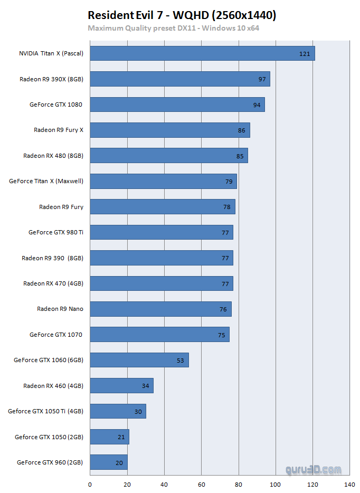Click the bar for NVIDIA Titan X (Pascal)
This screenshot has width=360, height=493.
point(202,53)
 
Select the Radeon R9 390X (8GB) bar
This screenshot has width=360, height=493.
point(180,79)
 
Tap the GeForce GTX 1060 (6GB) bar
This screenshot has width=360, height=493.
point(139,360)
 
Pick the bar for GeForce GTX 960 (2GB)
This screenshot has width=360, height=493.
point(109,462)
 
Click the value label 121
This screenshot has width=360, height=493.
point(305,54)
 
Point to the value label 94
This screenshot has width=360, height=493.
point(257,105)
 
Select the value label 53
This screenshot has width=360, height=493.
point(181,361)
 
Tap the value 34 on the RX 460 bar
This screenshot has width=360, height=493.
point(146,386)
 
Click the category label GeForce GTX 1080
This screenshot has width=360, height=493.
point(56,105)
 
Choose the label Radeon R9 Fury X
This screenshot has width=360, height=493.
point(59,130)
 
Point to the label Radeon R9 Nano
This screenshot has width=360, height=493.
point(60,309)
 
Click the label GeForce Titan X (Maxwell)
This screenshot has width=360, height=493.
point(46,181)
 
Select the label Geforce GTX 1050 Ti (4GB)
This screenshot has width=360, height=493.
point(46,411)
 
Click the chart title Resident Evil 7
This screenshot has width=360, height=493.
point(182,15)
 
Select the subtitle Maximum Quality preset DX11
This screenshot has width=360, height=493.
point(173,27)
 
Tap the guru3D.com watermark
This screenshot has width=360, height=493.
point(314,469)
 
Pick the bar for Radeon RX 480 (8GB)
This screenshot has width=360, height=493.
point(169,156)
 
